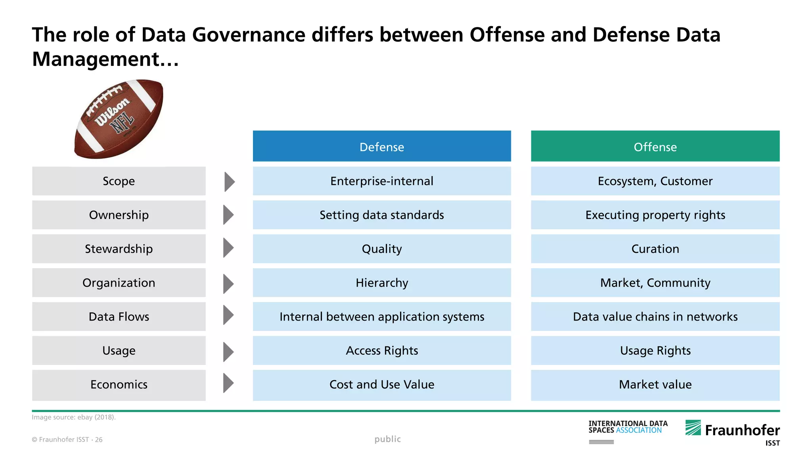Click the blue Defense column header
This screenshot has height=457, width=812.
tap(381, 146)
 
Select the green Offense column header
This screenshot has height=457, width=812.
tap(655, 146)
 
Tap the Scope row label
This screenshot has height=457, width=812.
tap(119, 181)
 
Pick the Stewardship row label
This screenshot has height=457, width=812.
tap(119, 249)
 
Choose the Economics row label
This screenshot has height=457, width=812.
tap(119, 384)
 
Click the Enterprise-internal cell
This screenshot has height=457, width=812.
tap(381, 181)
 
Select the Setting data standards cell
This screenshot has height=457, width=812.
tap(381, 215)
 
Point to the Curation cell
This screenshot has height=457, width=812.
tap(655, 249)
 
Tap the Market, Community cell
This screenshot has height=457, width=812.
tap(655, 283)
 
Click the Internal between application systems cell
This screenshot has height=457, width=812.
tap(381, 317)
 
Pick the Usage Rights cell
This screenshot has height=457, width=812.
tap(655, 351)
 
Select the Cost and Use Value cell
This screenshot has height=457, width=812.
tap(381, 384)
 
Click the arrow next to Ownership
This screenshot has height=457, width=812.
tap(228, 215)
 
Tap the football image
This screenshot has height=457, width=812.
tap(119, 119)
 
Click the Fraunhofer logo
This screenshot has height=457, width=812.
tap(733, 431)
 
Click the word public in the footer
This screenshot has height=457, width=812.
tap(387, 439)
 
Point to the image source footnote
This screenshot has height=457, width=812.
tap(74, 417)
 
